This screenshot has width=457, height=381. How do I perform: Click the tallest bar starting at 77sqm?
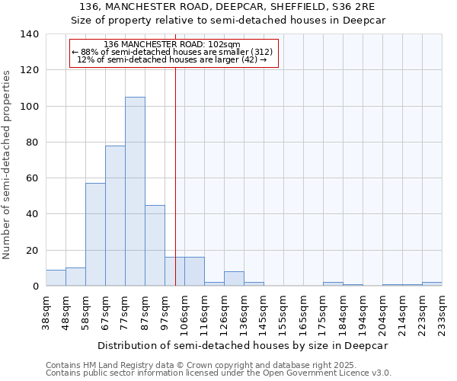point(135,191)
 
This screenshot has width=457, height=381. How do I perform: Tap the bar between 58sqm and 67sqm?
point(95,235)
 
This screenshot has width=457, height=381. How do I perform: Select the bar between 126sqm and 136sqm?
point(234,279)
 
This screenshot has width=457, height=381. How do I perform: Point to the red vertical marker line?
point(175,175)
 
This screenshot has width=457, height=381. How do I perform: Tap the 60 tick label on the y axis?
point(31,178)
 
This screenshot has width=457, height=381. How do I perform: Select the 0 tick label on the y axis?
point(34,287)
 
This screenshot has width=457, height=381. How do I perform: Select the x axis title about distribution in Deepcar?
point(243,345)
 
